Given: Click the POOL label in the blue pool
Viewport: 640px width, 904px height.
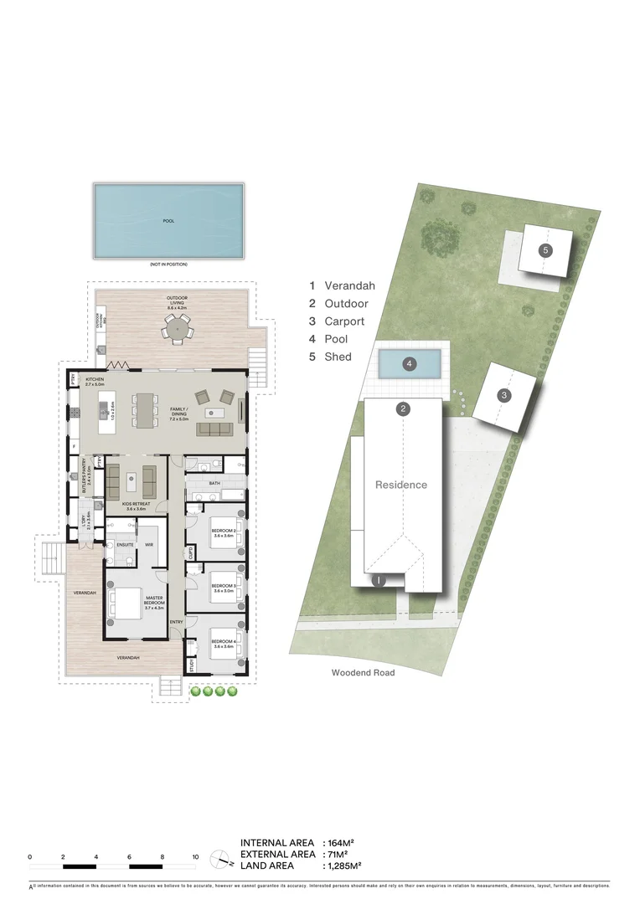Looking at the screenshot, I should pos(168,221).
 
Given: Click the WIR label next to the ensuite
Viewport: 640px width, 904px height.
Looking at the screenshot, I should pos(149,544).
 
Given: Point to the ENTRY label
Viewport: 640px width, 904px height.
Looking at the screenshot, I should pos(176,622).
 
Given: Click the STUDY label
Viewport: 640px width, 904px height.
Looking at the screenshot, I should pos(191,666).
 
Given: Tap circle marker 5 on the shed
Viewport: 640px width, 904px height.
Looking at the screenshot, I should pos(545,250).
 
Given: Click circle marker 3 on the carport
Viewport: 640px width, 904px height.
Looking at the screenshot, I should pos(503,395).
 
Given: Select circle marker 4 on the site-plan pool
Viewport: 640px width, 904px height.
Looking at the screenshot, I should pos(409,364).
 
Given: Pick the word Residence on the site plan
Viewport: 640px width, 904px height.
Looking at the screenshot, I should pos(400,485).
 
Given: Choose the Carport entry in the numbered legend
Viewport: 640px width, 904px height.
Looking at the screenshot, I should pos(338,321).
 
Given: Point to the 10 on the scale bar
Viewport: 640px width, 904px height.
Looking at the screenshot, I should pos(195,857).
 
